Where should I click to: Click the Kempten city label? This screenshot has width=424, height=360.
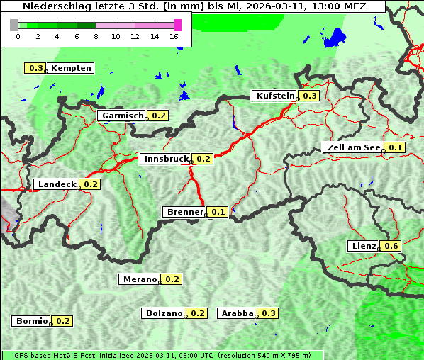(71, 68)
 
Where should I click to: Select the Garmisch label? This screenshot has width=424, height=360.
(123, 116)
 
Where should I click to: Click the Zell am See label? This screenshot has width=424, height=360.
(353, 147)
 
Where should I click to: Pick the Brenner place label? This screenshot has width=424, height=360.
(184, 212)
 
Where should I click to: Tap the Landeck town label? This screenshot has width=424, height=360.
(57, 184)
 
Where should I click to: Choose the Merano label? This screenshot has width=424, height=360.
(139, 279)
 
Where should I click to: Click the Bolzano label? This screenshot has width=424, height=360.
(164, 313)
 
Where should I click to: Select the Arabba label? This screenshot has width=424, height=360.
(238, 313)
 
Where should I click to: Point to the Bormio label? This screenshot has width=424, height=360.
(31, 321)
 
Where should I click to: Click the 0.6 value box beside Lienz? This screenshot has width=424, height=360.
(392, 246)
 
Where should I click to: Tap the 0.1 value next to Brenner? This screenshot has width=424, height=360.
(218, 212)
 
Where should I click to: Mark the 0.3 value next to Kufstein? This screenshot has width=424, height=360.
(310, 96)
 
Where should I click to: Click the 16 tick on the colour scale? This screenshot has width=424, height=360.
(174, 36)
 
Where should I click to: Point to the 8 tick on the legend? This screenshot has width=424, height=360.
(96, 36)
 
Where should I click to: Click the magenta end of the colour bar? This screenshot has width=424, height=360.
(177, 25)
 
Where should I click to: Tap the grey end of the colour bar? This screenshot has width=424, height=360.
(14, 25)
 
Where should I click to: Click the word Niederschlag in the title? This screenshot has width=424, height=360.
(51, 6)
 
